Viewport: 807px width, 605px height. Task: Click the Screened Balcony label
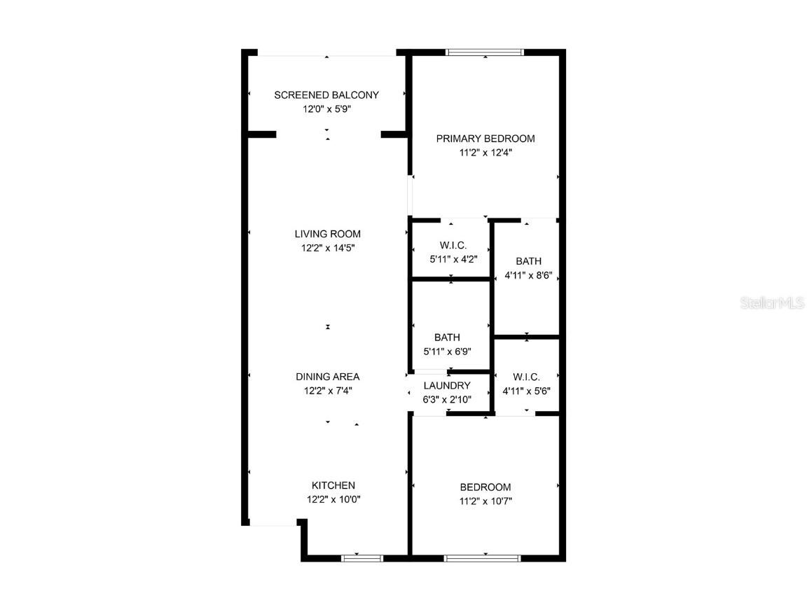(x=326, y=95)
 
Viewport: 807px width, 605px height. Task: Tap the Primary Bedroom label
(x=485, y=139)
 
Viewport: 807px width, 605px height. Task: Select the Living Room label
(x=327, y=234)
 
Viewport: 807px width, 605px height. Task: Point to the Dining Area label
(x=327, y=377)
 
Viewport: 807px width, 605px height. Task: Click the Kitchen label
(x=333, y=485)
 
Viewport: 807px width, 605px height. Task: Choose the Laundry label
(x=447, y=385)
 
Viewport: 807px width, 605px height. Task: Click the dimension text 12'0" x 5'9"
(x=326, y=109)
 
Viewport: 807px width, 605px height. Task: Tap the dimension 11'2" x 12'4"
(x=485, y=153)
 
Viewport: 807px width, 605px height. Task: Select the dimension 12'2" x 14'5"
(x=327, y=248)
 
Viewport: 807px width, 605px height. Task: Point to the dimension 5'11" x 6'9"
(x=447, y=352)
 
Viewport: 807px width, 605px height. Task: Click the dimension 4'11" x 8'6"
(x=529, y=275)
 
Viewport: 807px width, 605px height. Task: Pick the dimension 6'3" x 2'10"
(x=447, y=399)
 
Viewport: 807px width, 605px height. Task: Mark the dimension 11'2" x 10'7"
(x=485, y=501)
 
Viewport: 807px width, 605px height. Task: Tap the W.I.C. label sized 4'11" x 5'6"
(x=526, y=377)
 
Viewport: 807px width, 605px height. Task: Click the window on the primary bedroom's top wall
(x=485, y=52)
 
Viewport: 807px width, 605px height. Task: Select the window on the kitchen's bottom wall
(x=361, y=558)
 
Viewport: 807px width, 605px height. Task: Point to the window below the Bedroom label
(x=483, y=558)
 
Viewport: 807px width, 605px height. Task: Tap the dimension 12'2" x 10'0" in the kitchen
(x=333, y=500)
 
